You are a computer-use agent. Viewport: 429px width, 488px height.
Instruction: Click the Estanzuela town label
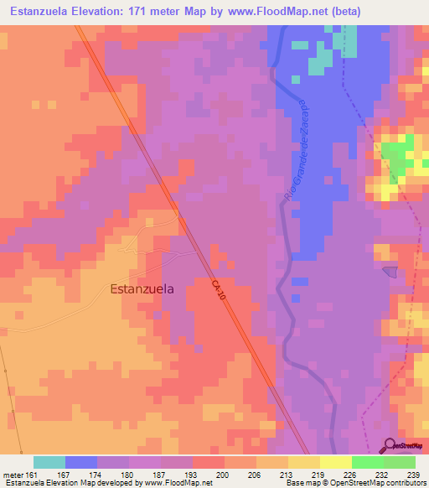tap(142, 289)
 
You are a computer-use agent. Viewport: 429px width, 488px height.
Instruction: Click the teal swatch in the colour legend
tap(49, 462)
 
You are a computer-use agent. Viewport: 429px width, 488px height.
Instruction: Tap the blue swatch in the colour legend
tap(81, 462)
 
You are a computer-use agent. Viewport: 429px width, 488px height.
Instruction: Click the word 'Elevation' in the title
tap(117, 11)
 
